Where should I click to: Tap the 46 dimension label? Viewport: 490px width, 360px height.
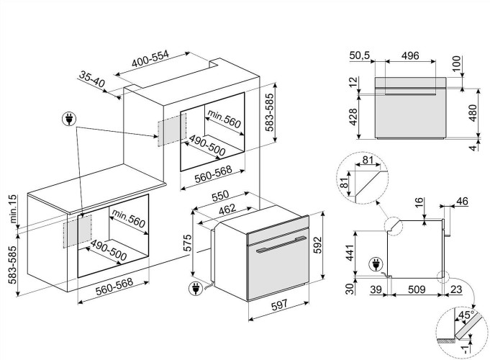463,201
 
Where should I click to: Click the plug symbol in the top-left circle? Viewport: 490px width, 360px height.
71,117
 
